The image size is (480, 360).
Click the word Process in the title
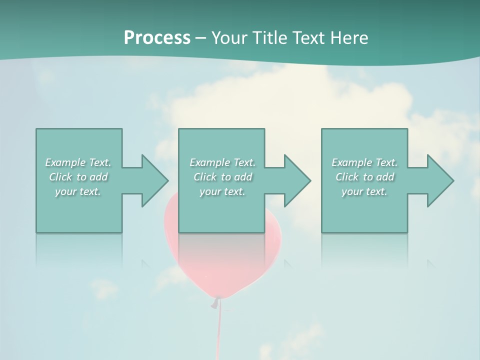pyautogui.click(x=157, y=38)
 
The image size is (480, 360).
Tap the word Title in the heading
pyautogui.click(x=270, y=38)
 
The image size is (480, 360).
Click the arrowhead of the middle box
pyautogui.click(x=296, y=180)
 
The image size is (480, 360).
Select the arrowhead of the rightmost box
pyautogui.click(x=439, y=180)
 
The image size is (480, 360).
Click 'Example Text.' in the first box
pyautogui.click(x=78, y=162)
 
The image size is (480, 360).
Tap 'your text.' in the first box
pyautogui.click(x=78, y=191)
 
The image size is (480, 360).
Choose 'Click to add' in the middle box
pyautogui.click(x=222, y=177)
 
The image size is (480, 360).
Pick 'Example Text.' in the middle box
pyautogui.click(x=222, y=162)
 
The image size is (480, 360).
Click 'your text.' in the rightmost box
pyautogui.click(x=364, y=191)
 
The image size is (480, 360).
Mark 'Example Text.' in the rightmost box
pyautogui.click(x=364, y=162)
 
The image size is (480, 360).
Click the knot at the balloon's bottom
pyautogui.click(x=215, y=302)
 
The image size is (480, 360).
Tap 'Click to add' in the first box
pyautogui.click(x=78, y=177)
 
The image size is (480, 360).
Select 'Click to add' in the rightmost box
pyautogui.click(x=364, y=177)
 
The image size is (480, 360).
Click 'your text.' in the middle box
pyautogui.click(x=222, y=191)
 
